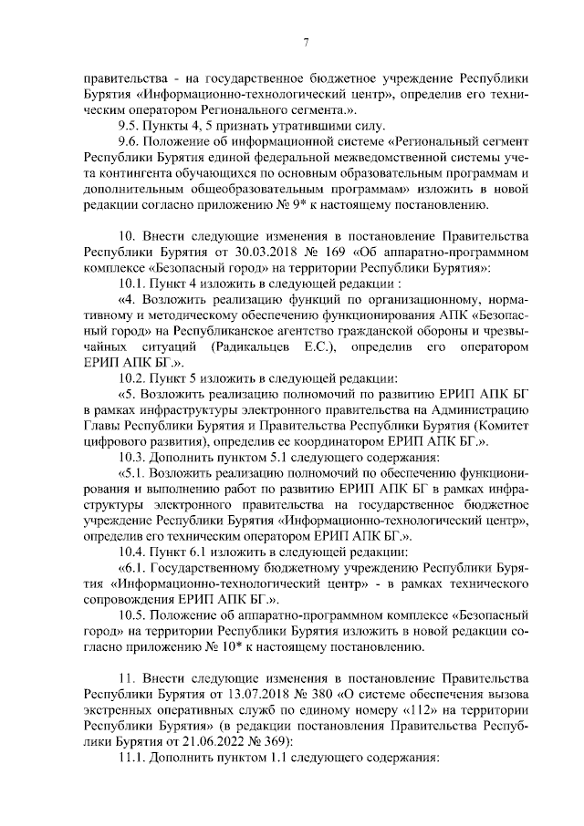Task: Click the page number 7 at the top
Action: (306, 41)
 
